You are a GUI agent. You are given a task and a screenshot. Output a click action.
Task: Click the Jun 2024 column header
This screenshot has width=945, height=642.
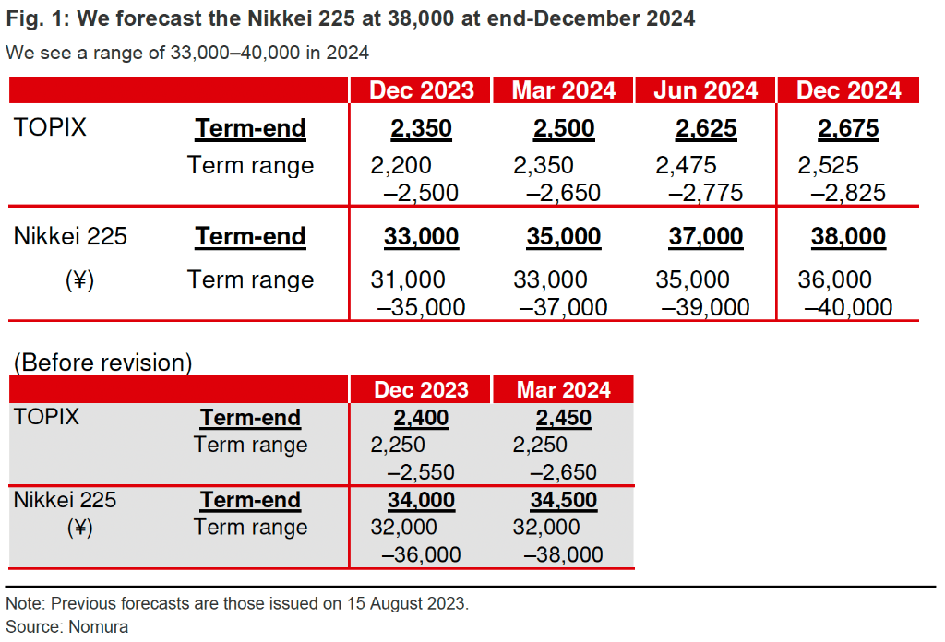click(x=706, y=90)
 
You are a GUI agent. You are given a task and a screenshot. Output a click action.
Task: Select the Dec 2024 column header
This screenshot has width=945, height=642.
click(x=848, y=90)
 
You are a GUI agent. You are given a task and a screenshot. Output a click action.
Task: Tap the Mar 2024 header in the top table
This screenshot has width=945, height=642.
click(x=564, y=90)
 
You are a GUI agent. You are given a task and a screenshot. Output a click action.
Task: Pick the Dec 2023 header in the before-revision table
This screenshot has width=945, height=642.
click(x=421, y=389)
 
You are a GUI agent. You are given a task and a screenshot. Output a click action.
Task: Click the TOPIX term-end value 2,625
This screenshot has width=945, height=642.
click(x=706, y=128)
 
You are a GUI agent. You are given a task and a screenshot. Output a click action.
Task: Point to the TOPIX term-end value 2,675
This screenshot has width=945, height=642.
click(x=848, y=128)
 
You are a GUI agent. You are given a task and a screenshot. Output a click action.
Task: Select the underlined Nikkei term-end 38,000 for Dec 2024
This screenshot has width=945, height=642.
click(x=848, y=237)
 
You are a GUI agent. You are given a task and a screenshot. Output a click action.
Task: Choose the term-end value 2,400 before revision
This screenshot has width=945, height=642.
click(x=421, y=418)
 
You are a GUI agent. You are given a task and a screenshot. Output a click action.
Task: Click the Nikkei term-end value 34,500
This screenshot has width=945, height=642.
click(x=563, y=500)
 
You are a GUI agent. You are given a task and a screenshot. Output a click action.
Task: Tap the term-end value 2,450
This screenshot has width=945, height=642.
click(x=563, y=418)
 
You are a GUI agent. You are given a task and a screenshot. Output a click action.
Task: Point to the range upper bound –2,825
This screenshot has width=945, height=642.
click(x=848, y=193)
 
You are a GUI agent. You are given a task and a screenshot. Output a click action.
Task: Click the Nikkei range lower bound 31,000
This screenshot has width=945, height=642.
click(x=407, y=279)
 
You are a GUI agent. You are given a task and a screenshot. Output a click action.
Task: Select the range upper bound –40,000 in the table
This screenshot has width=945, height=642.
click(x=848, y=307)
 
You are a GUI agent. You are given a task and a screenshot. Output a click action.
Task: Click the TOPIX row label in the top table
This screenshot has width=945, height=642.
click(x=50, y=127)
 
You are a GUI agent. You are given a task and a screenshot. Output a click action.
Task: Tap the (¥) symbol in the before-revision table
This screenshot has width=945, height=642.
click(x=78, y=528)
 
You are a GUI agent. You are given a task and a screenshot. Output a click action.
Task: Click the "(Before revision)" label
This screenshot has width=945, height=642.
click(x=102, y=363)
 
